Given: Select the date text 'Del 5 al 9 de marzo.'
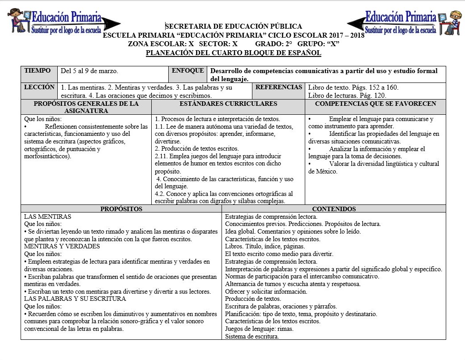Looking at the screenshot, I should tap(90, 71).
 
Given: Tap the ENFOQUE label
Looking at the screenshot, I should tap(188, 71).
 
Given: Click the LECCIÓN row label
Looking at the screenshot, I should tap(39, 87).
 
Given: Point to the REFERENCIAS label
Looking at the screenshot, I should tap(278, 87).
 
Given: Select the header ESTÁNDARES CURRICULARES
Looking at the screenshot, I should tap(228, 104).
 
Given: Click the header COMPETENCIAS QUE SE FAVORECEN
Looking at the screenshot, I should tap(375, 104).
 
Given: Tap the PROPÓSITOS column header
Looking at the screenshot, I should tap(121, 209).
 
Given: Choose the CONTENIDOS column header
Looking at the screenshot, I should tap(334, 209).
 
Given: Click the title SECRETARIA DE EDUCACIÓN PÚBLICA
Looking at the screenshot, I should tap(234, 26).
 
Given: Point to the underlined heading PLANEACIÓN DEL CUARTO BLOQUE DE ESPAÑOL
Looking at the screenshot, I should tap(234, 53).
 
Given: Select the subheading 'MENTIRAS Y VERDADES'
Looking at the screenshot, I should tap(62, 247).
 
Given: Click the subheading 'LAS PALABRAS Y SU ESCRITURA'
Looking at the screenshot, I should tap(75, 299).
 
